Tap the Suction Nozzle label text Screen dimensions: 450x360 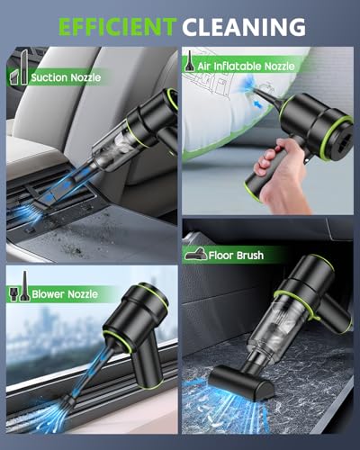pyautogui.click(x=66, y=77)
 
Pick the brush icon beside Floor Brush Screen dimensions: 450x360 pyautogui.click(x=197, y=255)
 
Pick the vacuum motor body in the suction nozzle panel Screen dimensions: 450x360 pyautogui.click(x=148, y=121)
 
